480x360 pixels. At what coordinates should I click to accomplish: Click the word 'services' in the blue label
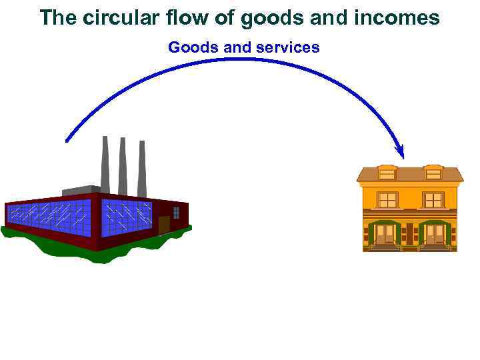coord(288,47)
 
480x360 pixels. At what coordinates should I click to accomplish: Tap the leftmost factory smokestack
coord(105,163)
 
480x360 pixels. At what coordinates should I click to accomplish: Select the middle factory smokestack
coord(123,167)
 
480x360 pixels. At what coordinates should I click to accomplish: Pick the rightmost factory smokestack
coord(141,170)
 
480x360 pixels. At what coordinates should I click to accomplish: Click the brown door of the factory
coord(164,224)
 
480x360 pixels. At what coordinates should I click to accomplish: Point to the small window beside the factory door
coord(176,213)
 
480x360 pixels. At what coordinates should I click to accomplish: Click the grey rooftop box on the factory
coord(81,191)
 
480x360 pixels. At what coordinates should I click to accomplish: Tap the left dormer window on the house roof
coord(387,173)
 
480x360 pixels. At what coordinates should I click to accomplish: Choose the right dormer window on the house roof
coord(433,173)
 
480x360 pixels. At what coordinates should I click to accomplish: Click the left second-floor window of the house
coord(387,200)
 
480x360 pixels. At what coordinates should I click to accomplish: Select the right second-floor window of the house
coord(433,200)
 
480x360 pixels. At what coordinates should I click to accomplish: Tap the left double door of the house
coord(385,233)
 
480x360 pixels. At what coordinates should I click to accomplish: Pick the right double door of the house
coord(435,233)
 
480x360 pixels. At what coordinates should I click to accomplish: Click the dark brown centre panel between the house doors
coord(410,233)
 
